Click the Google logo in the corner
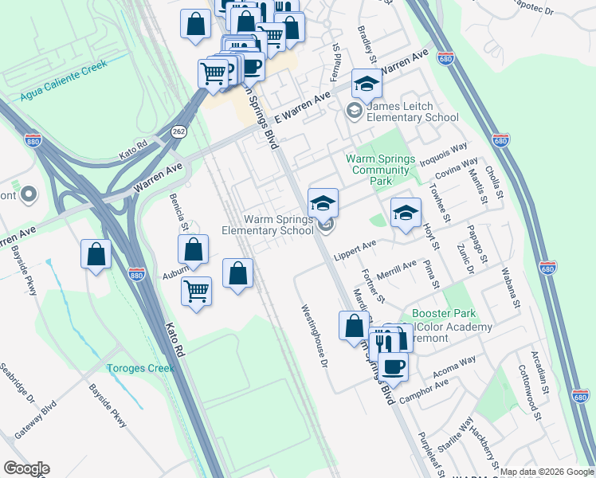pos(27,468)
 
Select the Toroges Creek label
pos(140,368)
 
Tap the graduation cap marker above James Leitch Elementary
pos(367,83)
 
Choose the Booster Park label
pos(437,314)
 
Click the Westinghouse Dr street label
pos(314,337)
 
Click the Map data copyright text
pos(547,472)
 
